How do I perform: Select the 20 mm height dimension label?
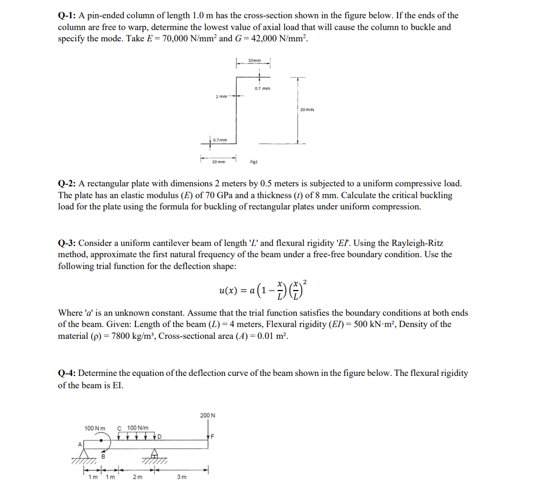coord(307,110)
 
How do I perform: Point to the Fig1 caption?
coord(254,161)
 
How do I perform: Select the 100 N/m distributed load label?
coord(138,428)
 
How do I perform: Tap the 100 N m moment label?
coord(94,428)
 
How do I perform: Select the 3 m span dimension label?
coord(182,478)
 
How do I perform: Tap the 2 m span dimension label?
coord(136,478)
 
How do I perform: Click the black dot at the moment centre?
coord(101,439)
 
